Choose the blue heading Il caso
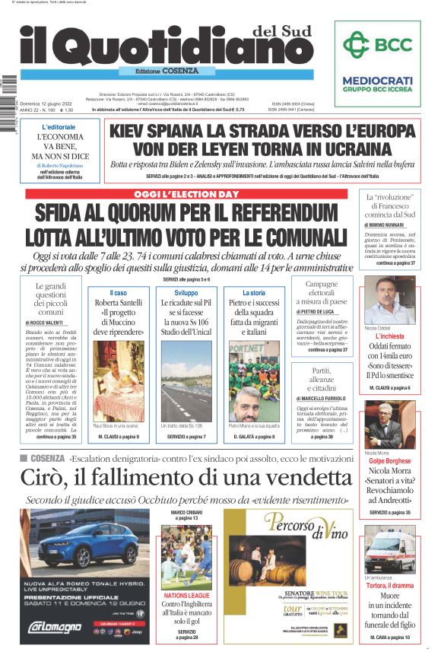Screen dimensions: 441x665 tap(118, 292)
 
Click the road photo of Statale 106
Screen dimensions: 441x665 tap(187, 380)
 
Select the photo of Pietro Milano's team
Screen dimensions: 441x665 tap(254, 380)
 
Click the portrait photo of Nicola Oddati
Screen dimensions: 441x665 tap(389, 301)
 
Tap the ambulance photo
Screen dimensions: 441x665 tap(389, 549)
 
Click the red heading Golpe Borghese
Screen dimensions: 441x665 tap(389, 461)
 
